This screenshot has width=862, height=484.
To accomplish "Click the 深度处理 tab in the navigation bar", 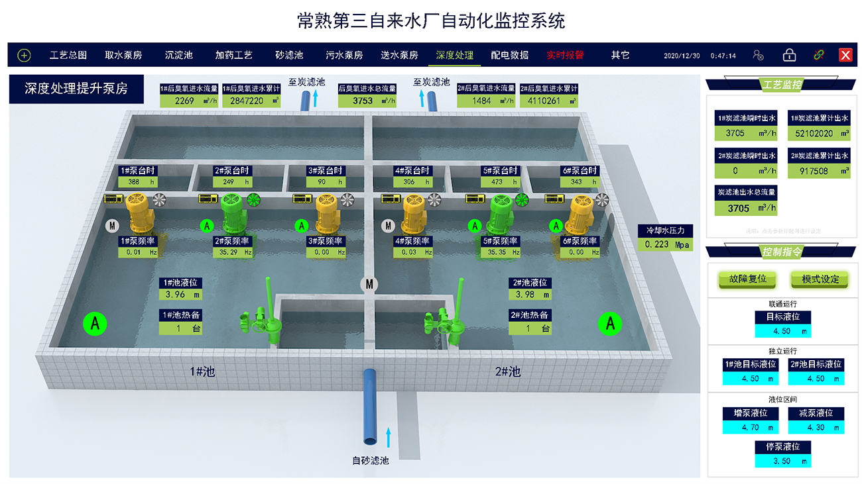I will tap(454, 56).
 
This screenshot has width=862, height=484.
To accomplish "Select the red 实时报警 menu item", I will tap(565, 56).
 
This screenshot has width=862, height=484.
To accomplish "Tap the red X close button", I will tap(845, 56).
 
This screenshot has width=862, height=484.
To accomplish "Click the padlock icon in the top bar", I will tap(789, 56).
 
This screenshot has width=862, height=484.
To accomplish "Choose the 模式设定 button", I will tap(820, 279).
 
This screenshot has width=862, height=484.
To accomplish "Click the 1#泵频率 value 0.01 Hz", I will tap(139, 252).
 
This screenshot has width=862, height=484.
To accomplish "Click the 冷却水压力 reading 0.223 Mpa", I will tap(666, 244).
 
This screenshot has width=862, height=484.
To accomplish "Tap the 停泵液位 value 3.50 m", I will tap(782, 461).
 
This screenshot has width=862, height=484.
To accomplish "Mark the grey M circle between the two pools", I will tap(369, 284).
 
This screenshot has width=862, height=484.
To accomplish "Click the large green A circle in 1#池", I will tap(95, 324).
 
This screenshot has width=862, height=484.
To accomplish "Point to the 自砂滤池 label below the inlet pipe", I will tap(370, 460).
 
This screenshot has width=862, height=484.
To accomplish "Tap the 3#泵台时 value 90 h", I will tap(326, 182).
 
